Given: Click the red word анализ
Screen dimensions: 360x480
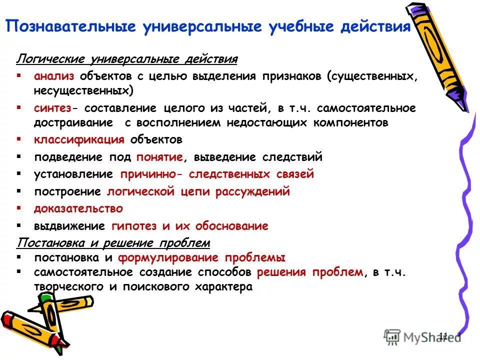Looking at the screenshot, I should [54, 76].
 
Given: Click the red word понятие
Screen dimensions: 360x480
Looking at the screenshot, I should [159, 157].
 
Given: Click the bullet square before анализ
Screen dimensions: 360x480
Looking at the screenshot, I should [18, 75].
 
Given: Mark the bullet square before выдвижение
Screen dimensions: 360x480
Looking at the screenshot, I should [18, 225].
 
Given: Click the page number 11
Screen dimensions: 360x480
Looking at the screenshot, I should [443, 335].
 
